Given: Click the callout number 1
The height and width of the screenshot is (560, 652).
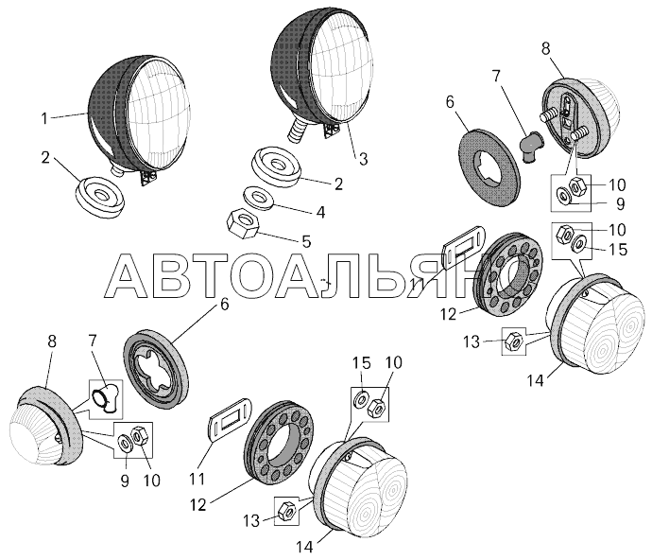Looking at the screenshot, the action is [x=44, y=118].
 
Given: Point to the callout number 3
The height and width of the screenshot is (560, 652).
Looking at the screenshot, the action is [x=363, y=159].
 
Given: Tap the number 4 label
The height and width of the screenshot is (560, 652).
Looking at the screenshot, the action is [x=320, y=212].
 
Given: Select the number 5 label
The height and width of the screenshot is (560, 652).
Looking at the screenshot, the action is [x=306, y=241].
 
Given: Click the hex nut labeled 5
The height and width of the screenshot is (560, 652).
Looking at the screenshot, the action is [x=243, y=224].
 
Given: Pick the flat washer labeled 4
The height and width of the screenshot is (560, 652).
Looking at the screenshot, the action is [x=259, y=197].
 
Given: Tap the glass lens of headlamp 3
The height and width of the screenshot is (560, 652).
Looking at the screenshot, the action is [x=342, y=65].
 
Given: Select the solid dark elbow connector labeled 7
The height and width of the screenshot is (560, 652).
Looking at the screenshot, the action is [x=529, y=146].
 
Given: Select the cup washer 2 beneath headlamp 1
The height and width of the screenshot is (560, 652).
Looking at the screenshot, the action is [x=100, y=197].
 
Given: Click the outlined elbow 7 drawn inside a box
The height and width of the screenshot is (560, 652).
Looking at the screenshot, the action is [x=107, y=398].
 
